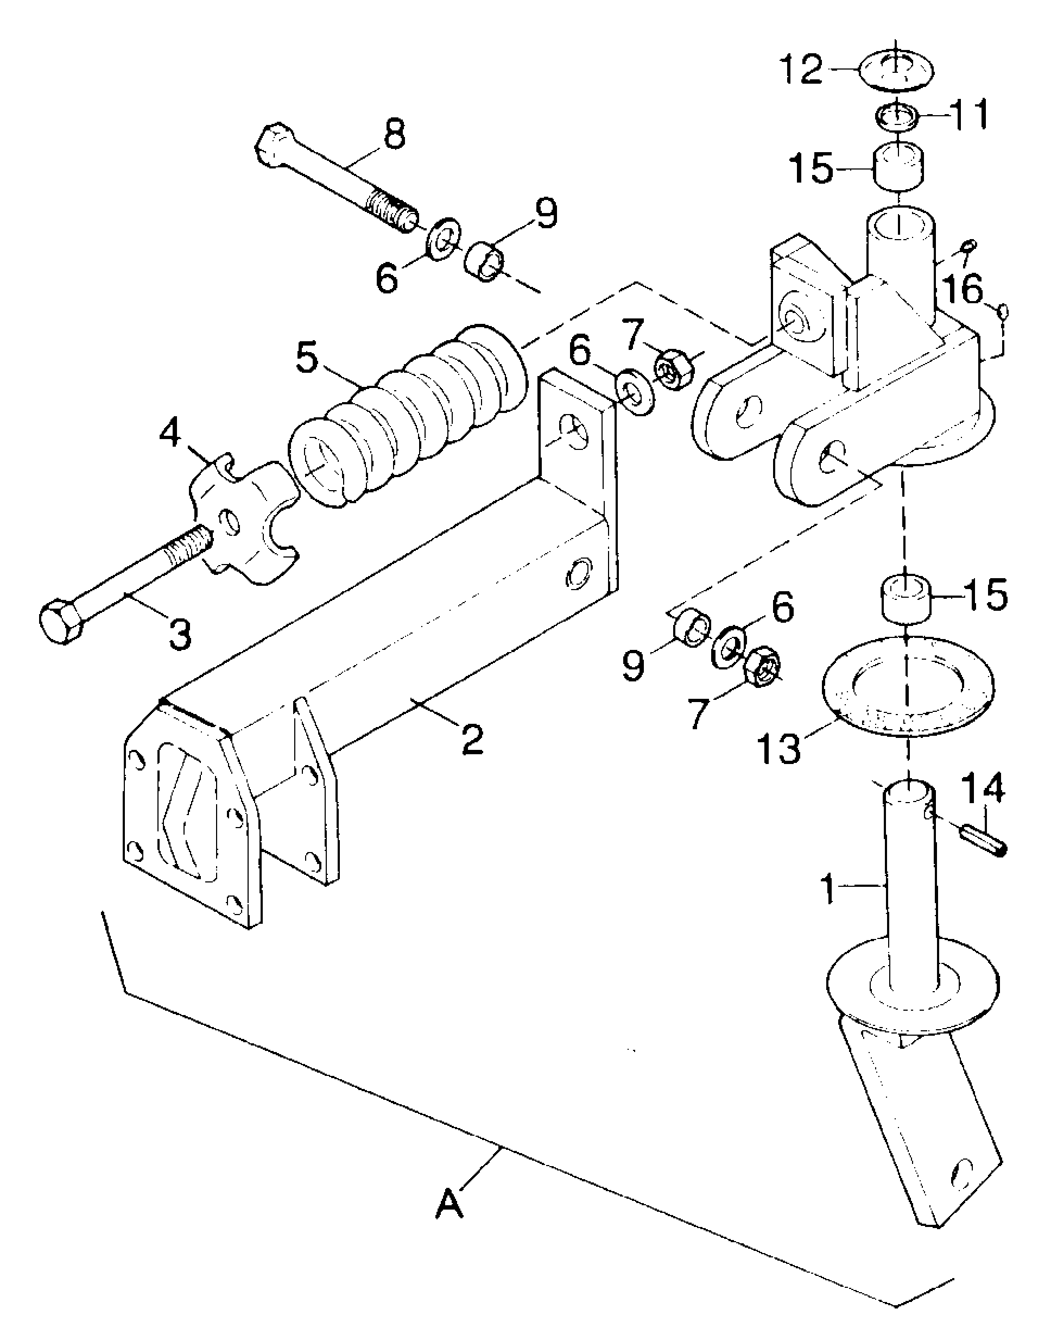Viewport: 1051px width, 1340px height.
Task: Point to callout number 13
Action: click(x=781, y=748)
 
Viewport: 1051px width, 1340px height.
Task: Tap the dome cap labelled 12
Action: click(x=896, y=71)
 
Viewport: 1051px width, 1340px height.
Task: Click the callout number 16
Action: click(x=964, y=290)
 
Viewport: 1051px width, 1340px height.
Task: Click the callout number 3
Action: click(x=180, y=634)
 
